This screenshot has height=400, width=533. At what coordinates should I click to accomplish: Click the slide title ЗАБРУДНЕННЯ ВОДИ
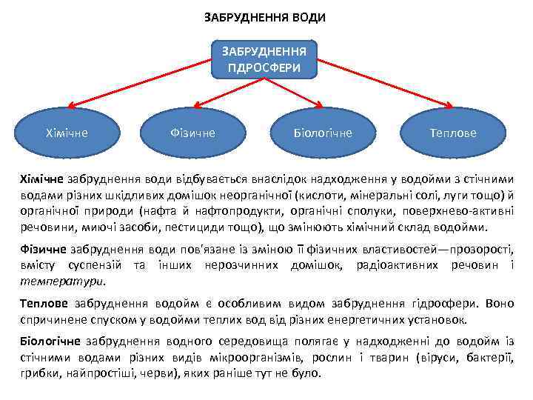[x=264, y=16]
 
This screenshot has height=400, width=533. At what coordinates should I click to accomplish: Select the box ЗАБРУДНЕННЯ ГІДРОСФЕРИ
[x=264, y=60]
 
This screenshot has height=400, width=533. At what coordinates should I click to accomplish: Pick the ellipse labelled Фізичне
[x=192, y=133]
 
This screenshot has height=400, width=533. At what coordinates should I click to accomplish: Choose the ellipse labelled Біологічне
[x=323, y=133]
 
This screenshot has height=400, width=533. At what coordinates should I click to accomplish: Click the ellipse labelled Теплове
[x=453, y=133]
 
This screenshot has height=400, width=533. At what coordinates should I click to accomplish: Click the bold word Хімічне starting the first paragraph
[x=42, y=179]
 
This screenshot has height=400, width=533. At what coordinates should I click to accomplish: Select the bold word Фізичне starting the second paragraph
[x=43, y=250]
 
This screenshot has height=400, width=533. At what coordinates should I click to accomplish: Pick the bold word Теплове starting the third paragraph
[x=44, y=304]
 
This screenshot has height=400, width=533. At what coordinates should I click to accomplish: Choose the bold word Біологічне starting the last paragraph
[x=51, y=340]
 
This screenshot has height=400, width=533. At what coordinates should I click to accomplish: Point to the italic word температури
[x=62, y=281]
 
